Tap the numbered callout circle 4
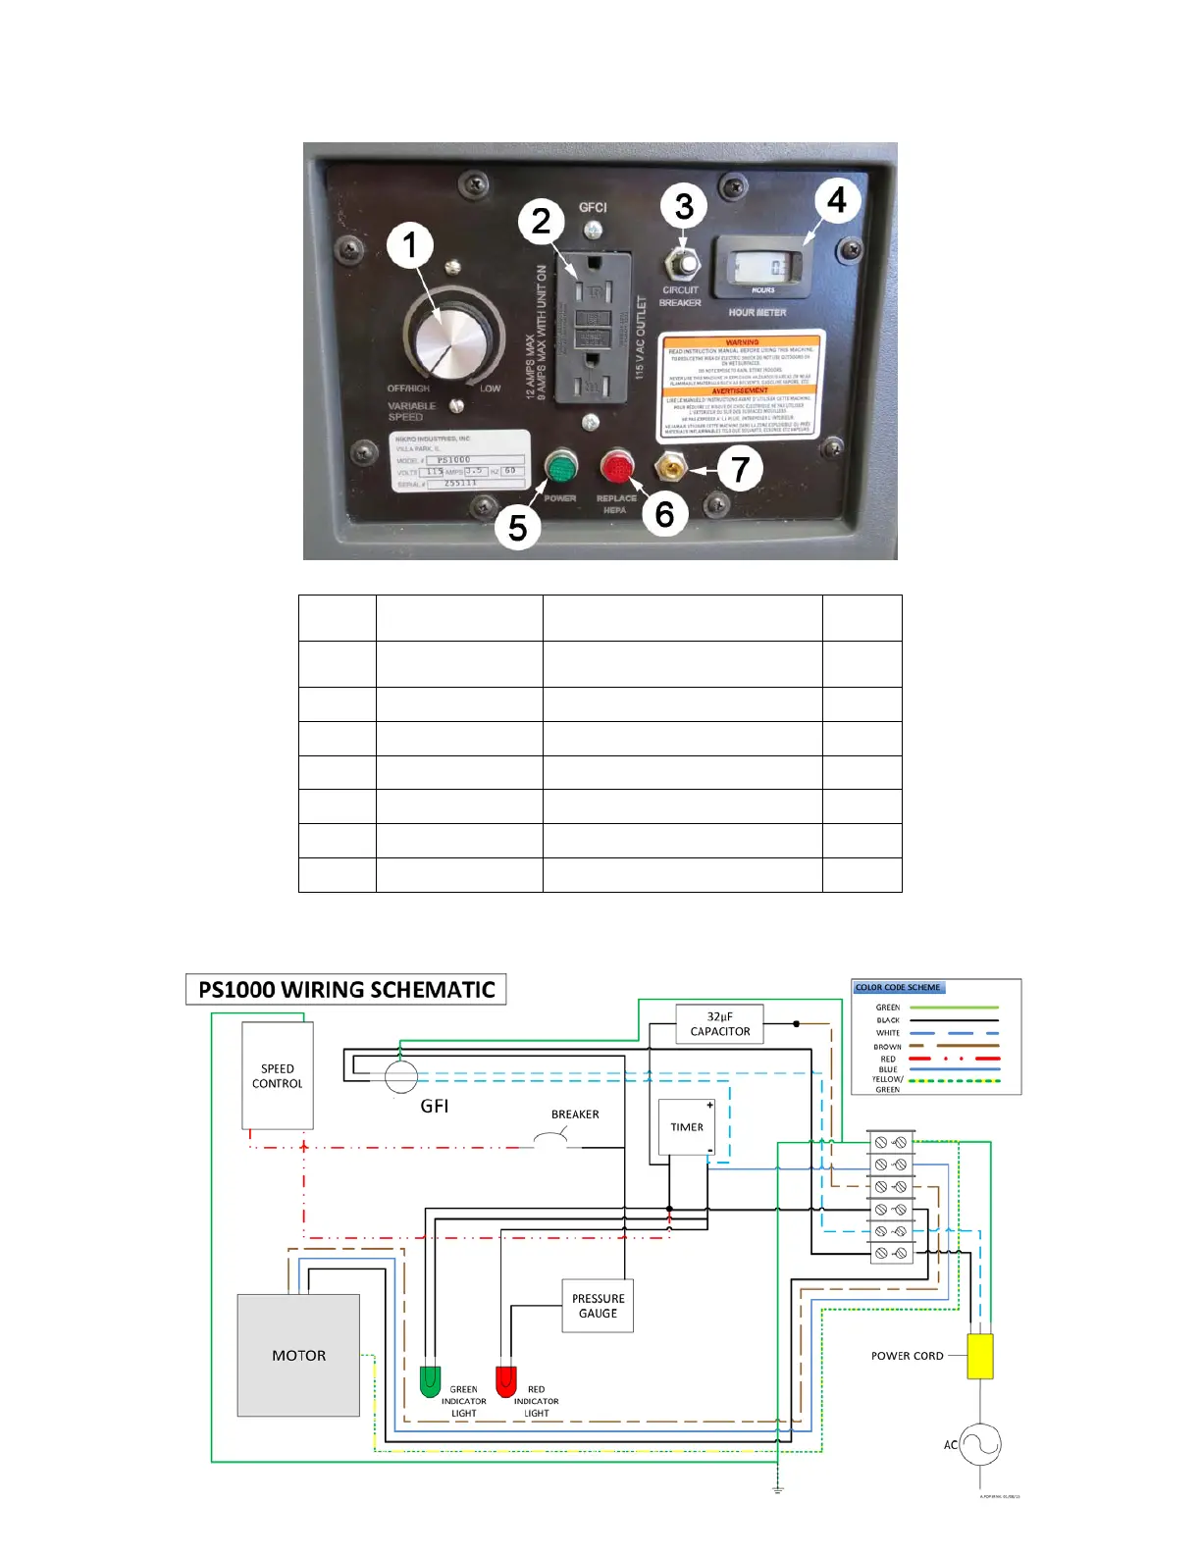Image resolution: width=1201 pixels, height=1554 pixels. pyautogui.click(x=836, y=201)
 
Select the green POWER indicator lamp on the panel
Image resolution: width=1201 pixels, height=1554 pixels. pyautogui.click(x=561, y=468)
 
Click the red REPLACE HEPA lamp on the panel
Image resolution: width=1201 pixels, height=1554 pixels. pyautogui.click(x=617, y=468)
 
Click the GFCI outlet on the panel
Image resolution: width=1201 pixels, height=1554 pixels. pyautogui.click(x=593, y=328)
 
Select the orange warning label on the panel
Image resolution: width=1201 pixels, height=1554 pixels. pyautogui.click(x=742, y=387)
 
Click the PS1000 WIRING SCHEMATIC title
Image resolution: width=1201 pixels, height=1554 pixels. pyautogui.click(x=346, y=989)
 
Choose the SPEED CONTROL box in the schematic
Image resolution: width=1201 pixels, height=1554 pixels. pyautogui.click(x=278, y=1075)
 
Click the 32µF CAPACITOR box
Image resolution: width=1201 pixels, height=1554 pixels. pyautogui.click(x=719, y=1024)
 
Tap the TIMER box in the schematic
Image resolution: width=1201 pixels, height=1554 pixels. pyautogui.click(x=686, y=1127)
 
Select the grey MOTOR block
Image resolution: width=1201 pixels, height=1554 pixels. pyautogui.click(x=298, y=1355)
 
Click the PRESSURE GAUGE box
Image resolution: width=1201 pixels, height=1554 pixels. pyautogui.click(x=598, y=1306)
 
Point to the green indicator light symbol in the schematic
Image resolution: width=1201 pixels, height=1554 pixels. pyautogui.click(x=430, y=1380)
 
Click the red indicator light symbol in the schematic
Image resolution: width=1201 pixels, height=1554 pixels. pyautogui.click(x=506, y=1380)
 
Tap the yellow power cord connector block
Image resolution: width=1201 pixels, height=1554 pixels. pyautogui.click(x=980, y=1356)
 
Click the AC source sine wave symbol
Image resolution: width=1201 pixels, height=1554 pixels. pyautogui.click(x=980, y=1444)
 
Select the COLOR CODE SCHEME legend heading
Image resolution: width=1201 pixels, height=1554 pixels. pyautogui.click(x=898, y=987)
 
